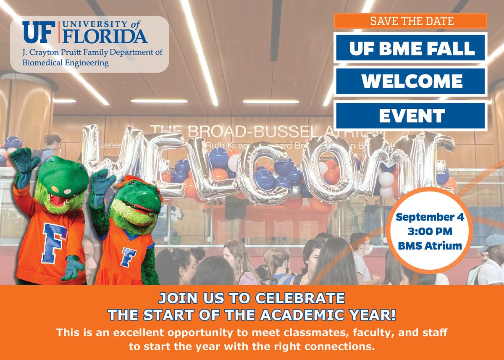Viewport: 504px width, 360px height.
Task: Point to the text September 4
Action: tap(428, 218)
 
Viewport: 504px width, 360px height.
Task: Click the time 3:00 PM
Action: tap(428, 231)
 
